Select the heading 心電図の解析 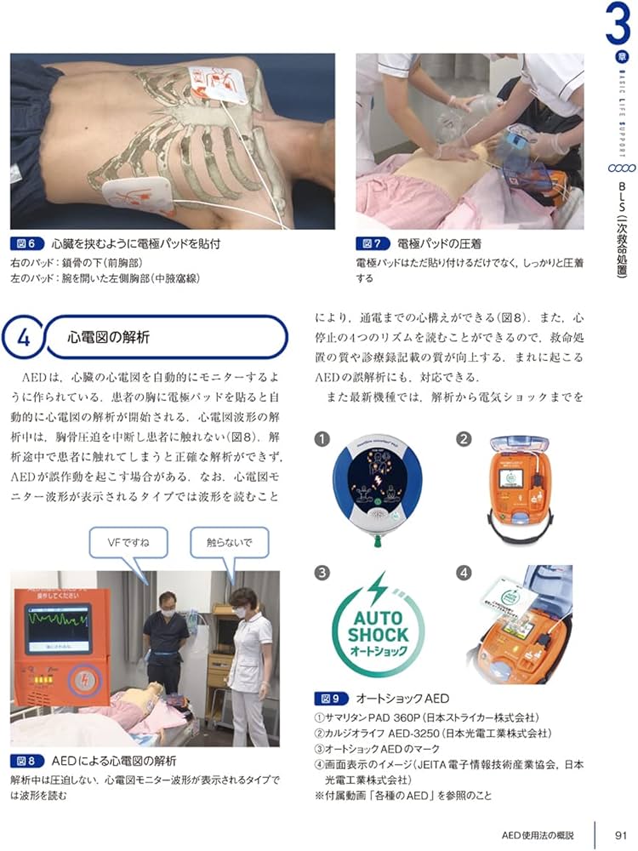point(109,338)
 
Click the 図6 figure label point(26,244)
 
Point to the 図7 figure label point(371,244)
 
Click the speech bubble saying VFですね point(125,542)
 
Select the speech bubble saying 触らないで point(230,542)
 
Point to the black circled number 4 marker point(464,573)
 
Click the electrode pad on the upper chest point(218,89)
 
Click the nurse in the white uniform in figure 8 point(247,655)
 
